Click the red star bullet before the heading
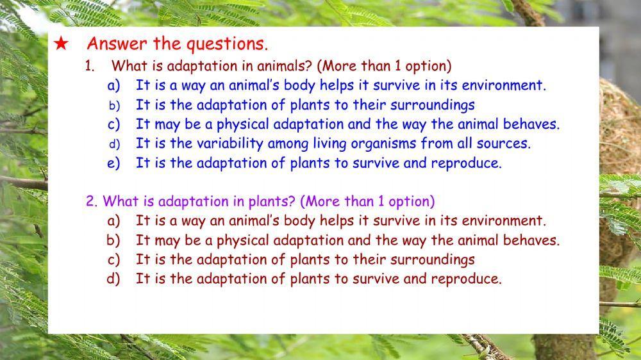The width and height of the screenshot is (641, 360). tap(61, 44)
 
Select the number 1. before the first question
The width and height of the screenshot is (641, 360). tap(90, 66)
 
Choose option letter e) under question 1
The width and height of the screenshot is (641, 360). tap(113, 163)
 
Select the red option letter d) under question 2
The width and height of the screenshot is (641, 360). tap(113, 279)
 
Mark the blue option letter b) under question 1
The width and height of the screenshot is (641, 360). tap(113, 104)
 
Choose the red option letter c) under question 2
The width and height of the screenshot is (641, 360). tap(113, 259)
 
